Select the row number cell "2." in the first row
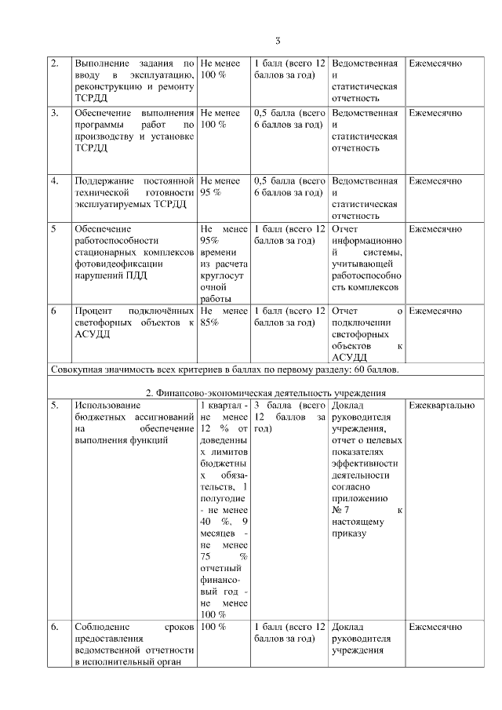point(54,63)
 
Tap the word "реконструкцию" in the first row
point(106,86)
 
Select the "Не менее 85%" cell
point(224,317)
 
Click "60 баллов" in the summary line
point(376,369)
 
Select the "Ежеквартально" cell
point(442,405)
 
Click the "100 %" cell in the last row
point(213,628)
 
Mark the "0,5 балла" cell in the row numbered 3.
point(289,119)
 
